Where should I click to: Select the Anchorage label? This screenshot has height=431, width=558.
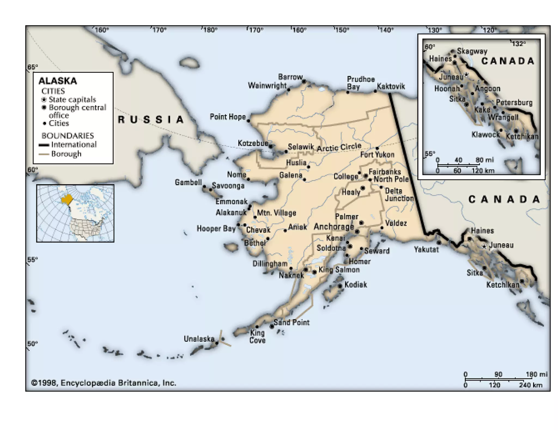click(333, 226)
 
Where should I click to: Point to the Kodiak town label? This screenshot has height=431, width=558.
click(356, 285)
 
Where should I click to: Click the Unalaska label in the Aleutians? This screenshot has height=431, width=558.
click(199, 339)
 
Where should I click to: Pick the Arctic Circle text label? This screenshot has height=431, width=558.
click(339, 147)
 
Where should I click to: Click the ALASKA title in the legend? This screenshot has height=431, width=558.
click(58, 81)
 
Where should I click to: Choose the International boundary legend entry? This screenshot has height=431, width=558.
click(74, 144)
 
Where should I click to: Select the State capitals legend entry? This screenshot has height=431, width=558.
click(72, 99)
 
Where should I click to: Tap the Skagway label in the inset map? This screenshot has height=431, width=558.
click(472, 51)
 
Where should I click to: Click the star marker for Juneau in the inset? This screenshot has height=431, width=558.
click(466, 74)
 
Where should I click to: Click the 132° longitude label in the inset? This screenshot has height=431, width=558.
click(518, 44)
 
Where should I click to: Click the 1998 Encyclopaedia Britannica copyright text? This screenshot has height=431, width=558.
click(104, 383)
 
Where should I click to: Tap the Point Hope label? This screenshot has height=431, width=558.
click(228, 117)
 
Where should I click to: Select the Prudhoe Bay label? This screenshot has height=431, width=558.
click(360, 83)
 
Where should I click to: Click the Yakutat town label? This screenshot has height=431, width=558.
click(426, 249)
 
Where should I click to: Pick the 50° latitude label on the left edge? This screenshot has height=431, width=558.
click(32, 344)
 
